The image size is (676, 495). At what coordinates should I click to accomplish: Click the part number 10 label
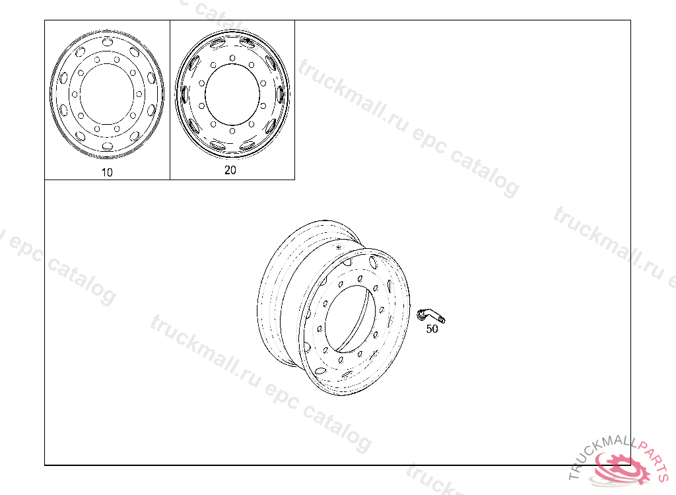pos(106,172)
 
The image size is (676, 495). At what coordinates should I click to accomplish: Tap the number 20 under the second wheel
pos(230,170)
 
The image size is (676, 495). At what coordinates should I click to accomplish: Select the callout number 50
pos(432,329)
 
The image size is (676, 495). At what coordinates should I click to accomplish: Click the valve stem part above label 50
pos(430,315)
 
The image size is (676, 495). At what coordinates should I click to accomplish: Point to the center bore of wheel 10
pos(107,94)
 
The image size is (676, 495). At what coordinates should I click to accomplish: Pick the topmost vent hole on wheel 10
pos(108,42)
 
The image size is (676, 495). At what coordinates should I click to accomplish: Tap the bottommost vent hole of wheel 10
pos(108,146)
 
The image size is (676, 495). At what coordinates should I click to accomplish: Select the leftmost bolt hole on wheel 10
pos(75,94)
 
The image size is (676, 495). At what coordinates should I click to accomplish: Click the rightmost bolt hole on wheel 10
pos(139,94)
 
